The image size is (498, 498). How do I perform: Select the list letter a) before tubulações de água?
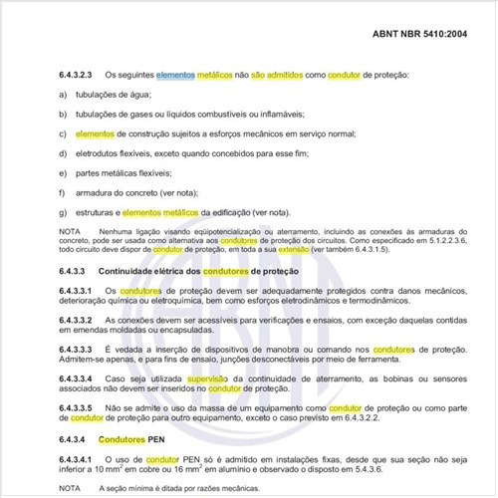64,94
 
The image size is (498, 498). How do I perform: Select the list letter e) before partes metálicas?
64,173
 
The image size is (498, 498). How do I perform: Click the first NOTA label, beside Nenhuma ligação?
70,231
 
